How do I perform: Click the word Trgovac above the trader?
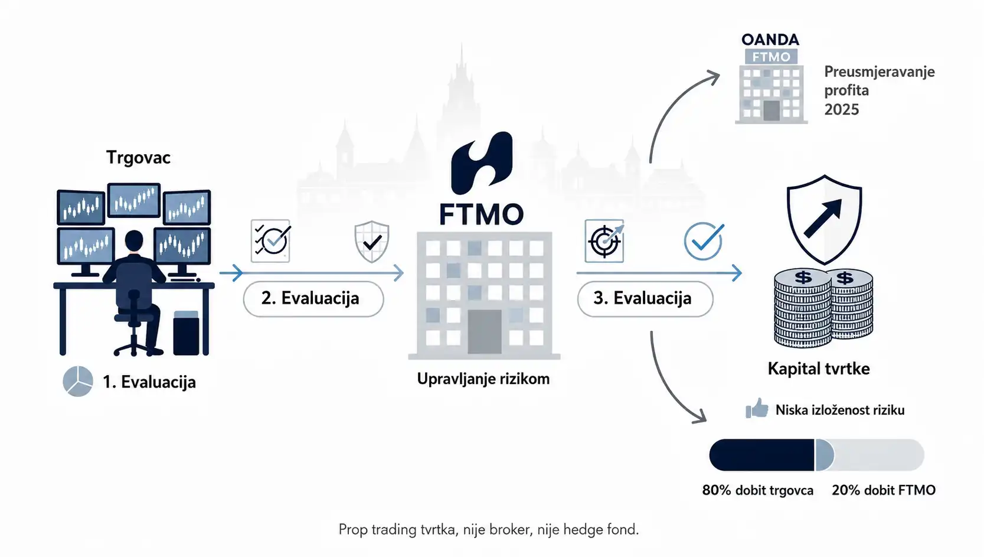tap(138, 157)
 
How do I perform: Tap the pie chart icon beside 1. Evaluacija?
tap(78, 381)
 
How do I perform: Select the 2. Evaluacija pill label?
tap(313, 298)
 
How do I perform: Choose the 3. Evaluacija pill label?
tap(645, 298)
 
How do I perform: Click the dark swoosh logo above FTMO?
tap(482, 163)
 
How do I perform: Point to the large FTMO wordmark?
tap(482, 214)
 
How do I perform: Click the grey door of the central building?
tap(485, 331)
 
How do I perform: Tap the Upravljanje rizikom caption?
tap(483, 379)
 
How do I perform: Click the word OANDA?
tap(770, 40)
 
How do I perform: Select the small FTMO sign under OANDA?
tap(771, 57)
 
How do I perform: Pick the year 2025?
tap(841, 109)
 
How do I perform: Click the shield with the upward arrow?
tap(824, 219)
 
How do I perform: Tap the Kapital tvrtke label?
tap(819, 369)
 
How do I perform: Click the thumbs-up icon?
tap(757, 408)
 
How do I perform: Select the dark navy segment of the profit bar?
tap(761, 455)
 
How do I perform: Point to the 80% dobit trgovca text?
tap(758, 490)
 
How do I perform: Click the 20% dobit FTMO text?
tap(884, 490)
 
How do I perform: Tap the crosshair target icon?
tap(604, 241)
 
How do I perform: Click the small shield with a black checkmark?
tap(372, 242)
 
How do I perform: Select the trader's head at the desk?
tap(134, 240)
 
